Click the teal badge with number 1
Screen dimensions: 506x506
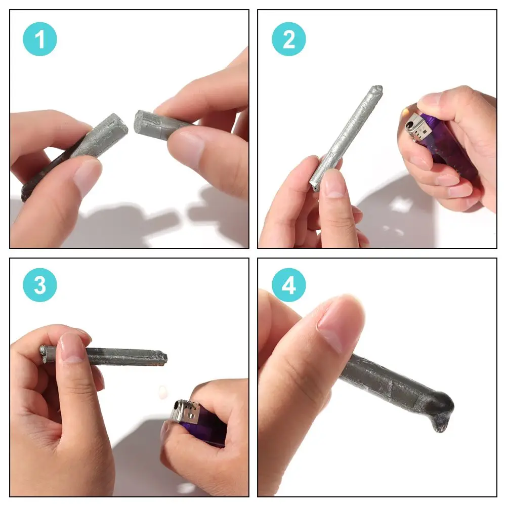click(x=40, y=39)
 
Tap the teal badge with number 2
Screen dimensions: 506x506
click(x=289, y=39)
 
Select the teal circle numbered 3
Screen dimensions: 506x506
click(x=40, y=285)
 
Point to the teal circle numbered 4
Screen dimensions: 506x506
click(x=289, y=285)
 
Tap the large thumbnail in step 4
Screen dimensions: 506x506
click(x=336, y=324)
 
